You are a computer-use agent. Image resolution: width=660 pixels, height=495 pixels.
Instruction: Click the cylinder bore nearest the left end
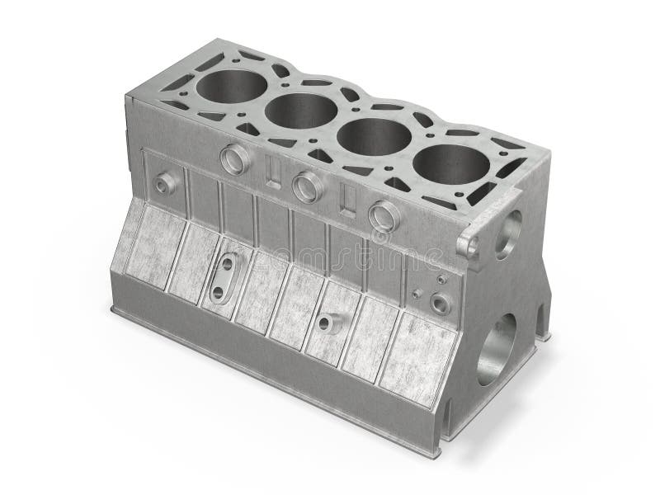pos(232,84)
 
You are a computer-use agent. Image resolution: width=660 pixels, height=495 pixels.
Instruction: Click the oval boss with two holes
pos(224,280)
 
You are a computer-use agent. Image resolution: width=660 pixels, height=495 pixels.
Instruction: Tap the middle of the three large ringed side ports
pos(306,187)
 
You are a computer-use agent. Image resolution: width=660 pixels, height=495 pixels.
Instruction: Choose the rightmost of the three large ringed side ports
pos(384,216)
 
